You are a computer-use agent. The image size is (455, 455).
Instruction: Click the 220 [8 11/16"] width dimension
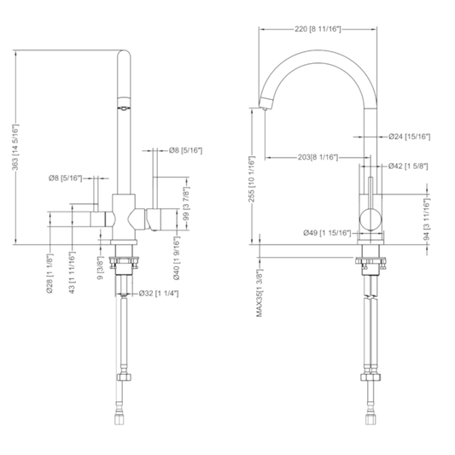[318, 29]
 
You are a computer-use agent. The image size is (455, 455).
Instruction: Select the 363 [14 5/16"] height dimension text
[16, 147]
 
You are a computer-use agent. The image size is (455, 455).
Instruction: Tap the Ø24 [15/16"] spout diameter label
[410, 137]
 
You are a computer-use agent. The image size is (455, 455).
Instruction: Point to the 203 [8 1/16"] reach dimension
[318, 158]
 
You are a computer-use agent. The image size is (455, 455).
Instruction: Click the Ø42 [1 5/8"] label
[408, 166]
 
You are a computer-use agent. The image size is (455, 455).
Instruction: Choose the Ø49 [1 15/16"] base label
[327, 233]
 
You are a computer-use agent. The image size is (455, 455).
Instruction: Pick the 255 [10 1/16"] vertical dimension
[252, 179]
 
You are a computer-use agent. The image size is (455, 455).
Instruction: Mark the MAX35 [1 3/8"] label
[260, 293]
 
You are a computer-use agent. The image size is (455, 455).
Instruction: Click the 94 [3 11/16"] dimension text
[427, 219]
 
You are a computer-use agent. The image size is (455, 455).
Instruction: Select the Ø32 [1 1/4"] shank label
[159, 294]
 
